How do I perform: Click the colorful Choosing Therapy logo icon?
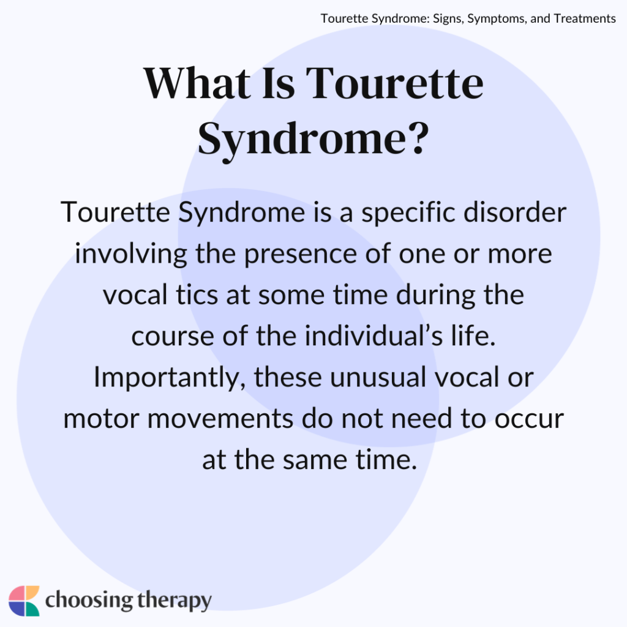click(x=24, y=601)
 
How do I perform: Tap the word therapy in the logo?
click(x=174, y=601)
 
